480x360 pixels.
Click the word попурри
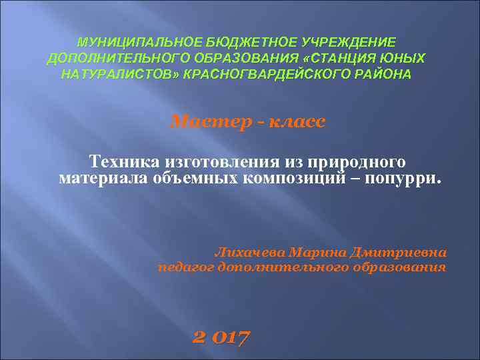pyautogui.click(x=405, y=179)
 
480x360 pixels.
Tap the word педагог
pyautogui.click(x=185, y=267)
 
